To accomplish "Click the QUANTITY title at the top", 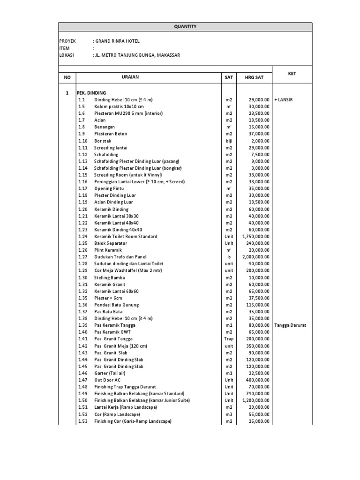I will [x=185, y=27].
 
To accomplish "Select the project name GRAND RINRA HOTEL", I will [x=117, y=41].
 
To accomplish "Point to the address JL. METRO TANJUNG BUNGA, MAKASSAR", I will [x=137, y=55].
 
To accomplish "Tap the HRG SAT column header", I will [x=253, y=77].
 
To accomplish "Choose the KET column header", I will [x=292, y=74].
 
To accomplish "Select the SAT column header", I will [x=228, y=77].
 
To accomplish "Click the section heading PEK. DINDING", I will [x=91, y=93].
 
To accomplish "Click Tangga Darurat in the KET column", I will [x=290, y=325].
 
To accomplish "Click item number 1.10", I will [x=83, y=141].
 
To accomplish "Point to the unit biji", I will [x=228, y=141].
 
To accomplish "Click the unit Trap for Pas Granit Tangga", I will [x=228, y=339].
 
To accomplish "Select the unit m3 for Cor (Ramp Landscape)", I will [x=228, y=414].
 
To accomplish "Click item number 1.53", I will [x=83, y=421].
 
